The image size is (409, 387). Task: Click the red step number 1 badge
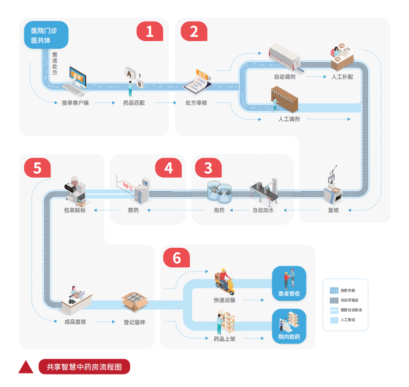pos(149,31)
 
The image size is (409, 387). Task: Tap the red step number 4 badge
pos(169,168)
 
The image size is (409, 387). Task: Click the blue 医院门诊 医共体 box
pos(46,35)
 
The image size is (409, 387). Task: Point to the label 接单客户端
pos(75,102)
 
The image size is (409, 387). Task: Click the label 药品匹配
pos(133,102)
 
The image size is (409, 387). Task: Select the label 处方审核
pos(196,102)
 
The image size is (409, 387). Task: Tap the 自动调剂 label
pos(284,77)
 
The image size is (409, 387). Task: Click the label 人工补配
pos(342,77)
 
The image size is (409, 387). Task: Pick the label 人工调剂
pos(289,119)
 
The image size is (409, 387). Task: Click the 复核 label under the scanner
pos(333,210)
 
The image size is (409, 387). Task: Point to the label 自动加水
pos(264,210)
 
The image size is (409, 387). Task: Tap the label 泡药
pos(219,210)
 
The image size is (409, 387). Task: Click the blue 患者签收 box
pos(289,281)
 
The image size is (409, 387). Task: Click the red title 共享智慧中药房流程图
pos(84,366)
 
